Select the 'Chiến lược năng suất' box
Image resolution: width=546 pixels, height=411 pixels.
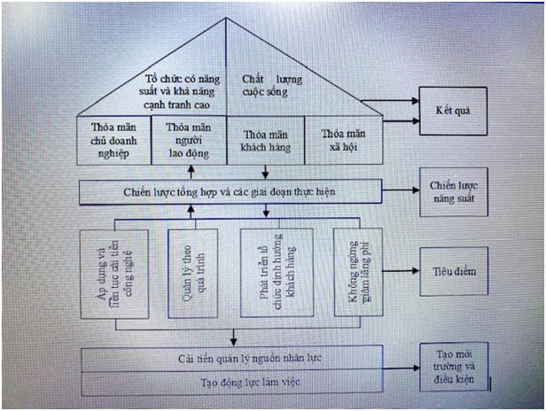pos(453,192)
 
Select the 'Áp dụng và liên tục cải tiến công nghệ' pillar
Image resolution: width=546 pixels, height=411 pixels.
pos(113,272)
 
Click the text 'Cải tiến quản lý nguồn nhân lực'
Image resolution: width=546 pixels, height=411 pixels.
pos(234,357)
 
